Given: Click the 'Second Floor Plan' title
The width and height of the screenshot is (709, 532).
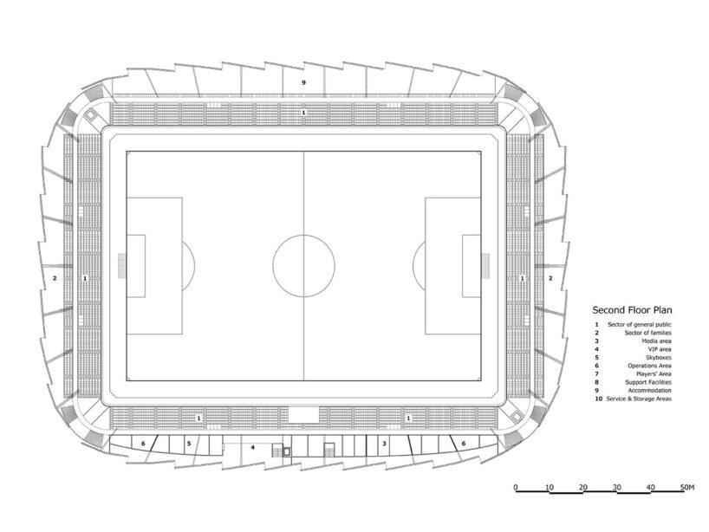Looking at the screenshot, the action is [632, 310].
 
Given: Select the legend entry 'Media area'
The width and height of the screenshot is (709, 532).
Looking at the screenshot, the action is [656, 341].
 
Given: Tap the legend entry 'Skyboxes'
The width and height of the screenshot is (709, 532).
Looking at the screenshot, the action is [659, 358].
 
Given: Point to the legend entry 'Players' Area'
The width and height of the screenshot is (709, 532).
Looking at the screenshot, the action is [654, 373].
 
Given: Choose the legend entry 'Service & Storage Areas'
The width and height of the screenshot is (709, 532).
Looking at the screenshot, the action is [639, 399].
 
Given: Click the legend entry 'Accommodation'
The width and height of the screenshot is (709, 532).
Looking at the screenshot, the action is [649, 391].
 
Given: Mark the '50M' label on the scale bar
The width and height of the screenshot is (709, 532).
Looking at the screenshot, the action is [686, 487].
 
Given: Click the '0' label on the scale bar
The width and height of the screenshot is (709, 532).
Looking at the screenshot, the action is [516, 487].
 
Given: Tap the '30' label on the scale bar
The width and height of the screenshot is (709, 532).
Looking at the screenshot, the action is [617, 487].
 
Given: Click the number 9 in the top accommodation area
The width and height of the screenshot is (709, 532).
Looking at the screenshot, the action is [304, 82].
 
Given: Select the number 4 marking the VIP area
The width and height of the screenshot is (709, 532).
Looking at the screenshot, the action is [253, 447].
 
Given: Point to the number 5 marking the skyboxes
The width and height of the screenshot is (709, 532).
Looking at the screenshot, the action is [189, 444].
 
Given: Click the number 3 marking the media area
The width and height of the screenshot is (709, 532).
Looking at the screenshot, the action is [384, 444].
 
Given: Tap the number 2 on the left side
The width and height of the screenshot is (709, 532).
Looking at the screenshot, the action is [55, 278].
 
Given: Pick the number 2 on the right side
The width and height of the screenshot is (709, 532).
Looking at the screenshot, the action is [550, 278].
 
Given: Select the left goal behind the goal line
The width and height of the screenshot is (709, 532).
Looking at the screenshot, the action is [121, 266].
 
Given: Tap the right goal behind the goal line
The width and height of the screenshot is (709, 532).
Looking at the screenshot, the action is [485, 266].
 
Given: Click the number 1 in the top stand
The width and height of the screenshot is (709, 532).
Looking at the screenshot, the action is [304, 112].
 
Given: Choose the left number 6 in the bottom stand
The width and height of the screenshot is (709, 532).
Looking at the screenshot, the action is [143, 444].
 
